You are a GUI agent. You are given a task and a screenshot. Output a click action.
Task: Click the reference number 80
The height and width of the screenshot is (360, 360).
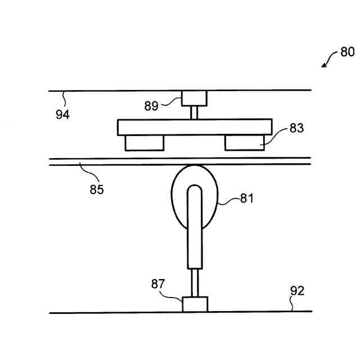point(347,52)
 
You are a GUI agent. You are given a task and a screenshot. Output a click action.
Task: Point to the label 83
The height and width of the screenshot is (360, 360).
point(296,128)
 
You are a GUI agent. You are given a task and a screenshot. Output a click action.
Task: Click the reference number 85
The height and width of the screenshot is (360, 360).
point(97,189)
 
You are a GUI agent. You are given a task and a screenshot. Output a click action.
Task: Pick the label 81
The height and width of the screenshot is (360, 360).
point(247,198)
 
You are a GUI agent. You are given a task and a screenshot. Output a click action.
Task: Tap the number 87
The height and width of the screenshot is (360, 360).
point(158,285)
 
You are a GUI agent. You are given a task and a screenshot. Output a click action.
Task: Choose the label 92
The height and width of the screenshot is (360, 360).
point(297,291)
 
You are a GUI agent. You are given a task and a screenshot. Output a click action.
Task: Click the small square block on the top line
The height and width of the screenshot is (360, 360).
point(193,99)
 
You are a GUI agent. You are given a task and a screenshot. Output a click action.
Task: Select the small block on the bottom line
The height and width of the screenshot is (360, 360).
point(195,304)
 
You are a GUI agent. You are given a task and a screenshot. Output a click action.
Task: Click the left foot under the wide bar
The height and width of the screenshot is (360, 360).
point(145,143)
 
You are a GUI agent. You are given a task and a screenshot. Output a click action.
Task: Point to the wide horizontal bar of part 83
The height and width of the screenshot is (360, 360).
point(194,127)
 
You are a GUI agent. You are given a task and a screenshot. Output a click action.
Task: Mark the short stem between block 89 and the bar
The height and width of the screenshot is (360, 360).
point(194,112)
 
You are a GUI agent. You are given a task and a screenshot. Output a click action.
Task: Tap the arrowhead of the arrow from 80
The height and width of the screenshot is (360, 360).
point(325,65)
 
